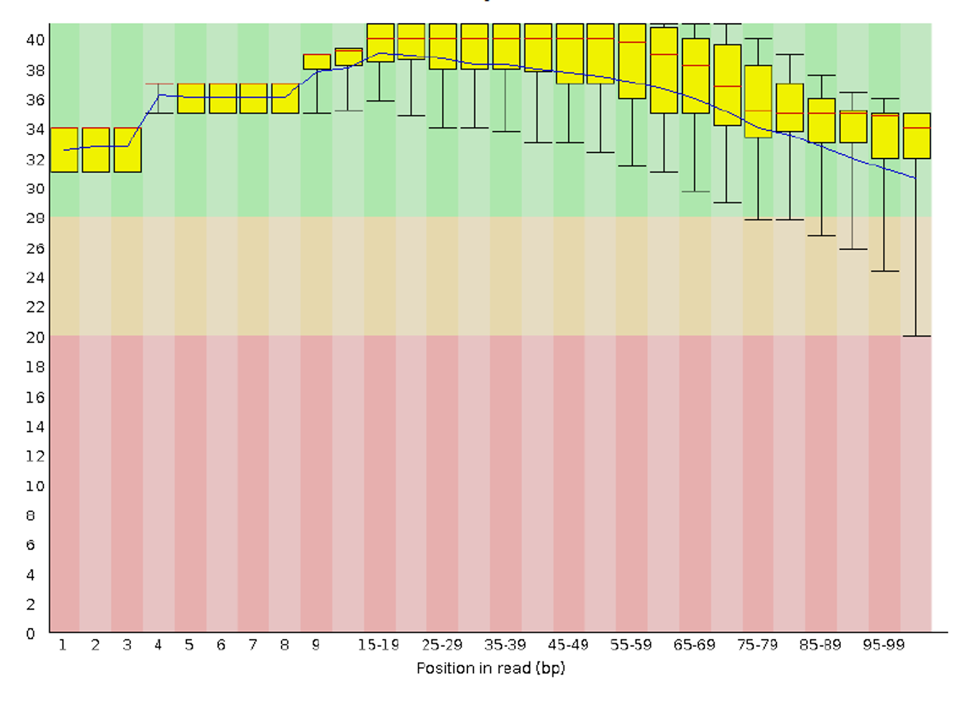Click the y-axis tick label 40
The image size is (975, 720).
pyautogui.click(x=35, y=40)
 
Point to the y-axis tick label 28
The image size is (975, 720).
pyautogui.click(x=35, y=218)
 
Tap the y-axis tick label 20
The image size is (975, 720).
pyautogui.click(x=35, y=337)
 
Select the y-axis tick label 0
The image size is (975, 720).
pyautogui.click(x=30, y=633)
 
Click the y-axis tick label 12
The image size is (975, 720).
pyautogui.click(x=35, y=456)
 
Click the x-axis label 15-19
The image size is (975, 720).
pyautogui.click(x=378, y=645)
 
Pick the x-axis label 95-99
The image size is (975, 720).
pyautogui.click(x=884, y=645)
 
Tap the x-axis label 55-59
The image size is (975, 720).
pyautogui.click(x=631, y=645)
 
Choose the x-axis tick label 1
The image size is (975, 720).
pyautogui.click(x=62, y=645)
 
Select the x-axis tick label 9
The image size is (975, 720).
pyautogui.click(x=316, y=645)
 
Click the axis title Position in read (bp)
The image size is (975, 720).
pyautogui.click(x=491, y=668)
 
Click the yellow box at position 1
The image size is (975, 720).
pyautogui.click(x=64, y=150)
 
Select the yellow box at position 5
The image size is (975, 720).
pyautogui.click(x=191, y=98)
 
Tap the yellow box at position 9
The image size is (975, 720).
pyautogui.click(x=317, y=62)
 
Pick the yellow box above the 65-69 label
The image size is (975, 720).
pyautogui.click(x=695, y=76)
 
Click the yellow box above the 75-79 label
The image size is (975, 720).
pyautogui.click(x=758, y=101)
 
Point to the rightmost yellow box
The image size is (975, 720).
pyautogui.click(x=916, y=135)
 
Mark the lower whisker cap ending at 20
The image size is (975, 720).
pyautogui.click(x=916, y=336)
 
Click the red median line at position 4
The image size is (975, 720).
pyautogui.click(x=159, y=84)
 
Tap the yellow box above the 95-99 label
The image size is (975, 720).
pyautogui.click(x=885, y=135)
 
